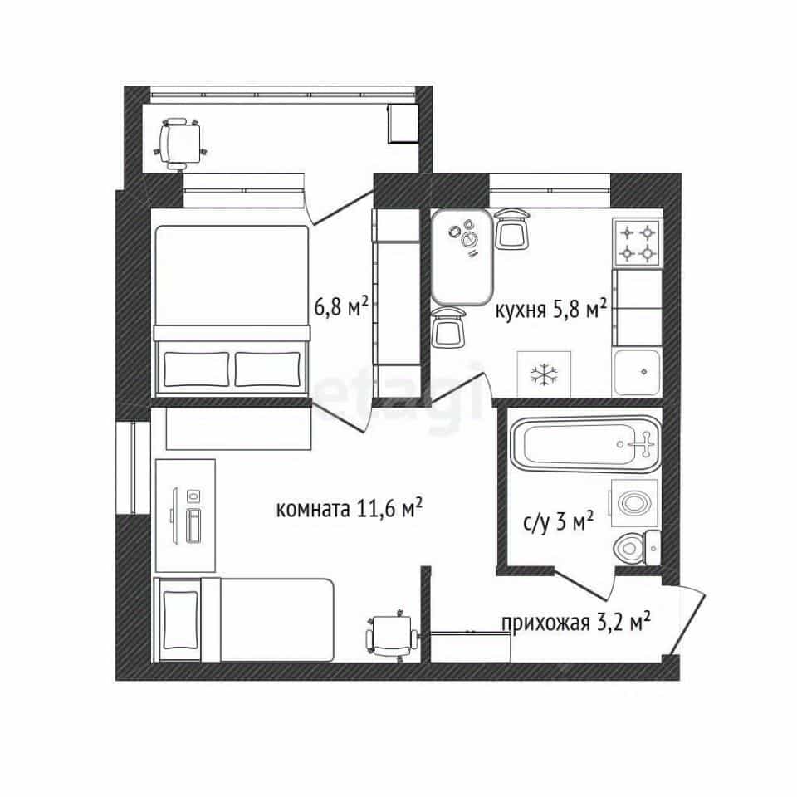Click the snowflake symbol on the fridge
pos(544,375)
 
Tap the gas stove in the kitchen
pos(638,242)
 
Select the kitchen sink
pos(638,373)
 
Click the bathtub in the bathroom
pos(586,443)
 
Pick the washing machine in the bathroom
pos(634,503)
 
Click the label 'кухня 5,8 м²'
pos(551,309)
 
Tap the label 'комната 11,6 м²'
pos(350,508)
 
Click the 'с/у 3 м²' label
pos(558,522)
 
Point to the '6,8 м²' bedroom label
pos(341,307)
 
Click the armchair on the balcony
pos(179,144)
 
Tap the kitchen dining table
pos(462,257)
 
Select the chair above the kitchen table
pos(512,228)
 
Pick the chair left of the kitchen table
pos(447,327)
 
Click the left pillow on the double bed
pos(197,369)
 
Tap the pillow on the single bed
pos(179,619)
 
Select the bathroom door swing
pos(584,584)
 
